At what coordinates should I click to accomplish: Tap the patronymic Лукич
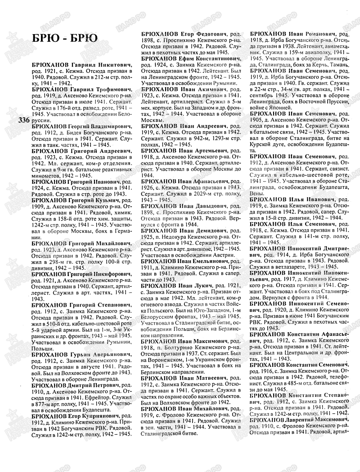click(205, 286)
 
